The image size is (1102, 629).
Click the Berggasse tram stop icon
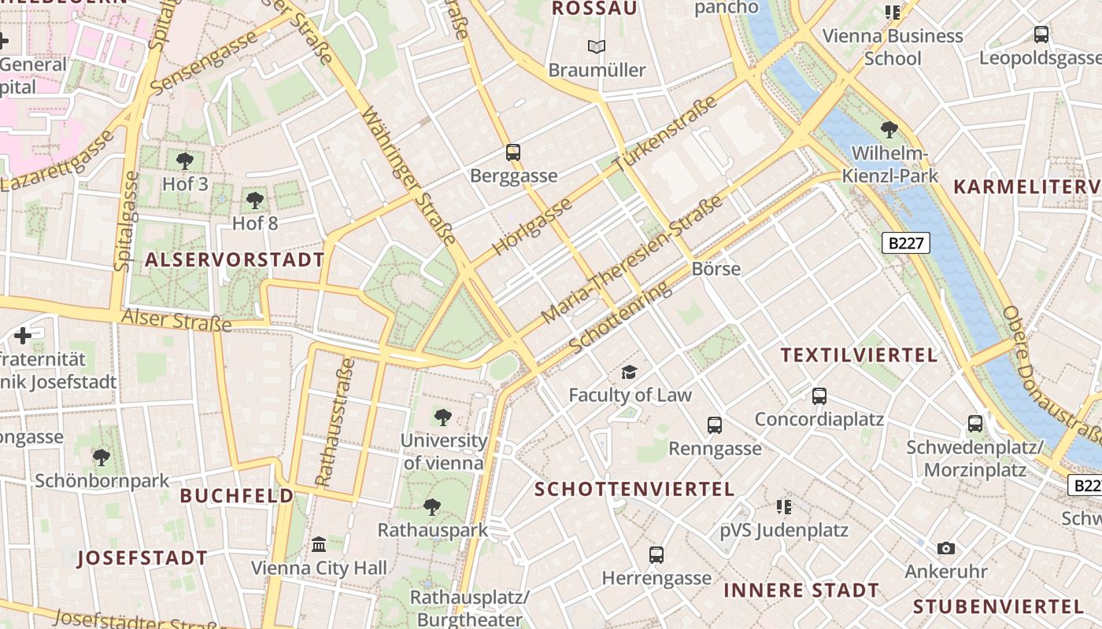[x=513, y=152]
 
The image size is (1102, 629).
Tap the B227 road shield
[x=905, y=243]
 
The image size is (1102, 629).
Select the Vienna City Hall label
[x=319, y=568]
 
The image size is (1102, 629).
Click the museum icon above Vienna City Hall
[x=319, y=544]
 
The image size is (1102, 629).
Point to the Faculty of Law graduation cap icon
[x=629, y=372]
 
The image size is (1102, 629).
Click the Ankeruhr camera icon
[x=945, y=548]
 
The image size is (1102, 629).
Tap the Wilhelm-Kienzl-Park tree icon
[x=889, y=129]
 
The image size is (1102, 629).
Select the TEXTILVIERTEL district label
[x=859, y=355]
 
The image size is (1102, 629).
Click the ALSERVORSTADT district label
[x=235, y=260]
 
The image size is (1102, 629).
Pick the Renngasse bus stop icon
[x=715, y=425]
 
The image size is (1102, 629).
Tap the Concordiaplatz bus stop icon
[x=819, y=396]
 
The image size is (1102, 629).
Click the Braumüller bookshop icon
[x=597, y=47]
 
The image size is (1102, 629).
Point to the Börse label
[x=716, y=269]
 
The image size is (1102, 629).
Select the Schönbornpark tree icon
[x=101, y=457]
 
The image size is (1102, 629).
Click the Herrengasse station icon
[x=656, y=555]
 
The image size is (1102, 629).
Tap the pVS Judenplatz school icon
[x=783, y=507]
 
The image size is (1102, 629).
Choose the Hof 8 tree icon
[x=254, y=200]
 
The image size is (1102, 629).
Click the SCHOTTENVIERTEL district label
[x=634, y=489]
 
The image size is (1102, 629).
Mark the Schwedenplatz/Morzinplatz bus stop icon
[x=975, y=424]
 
